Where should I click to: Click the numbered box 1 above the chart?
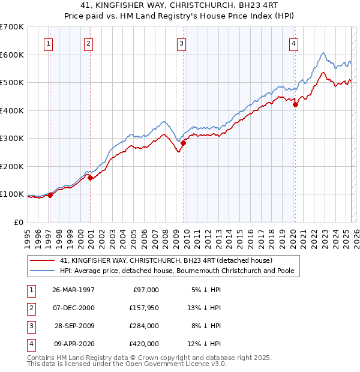point(47,43)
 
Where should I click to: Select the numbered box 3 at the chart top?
point(181,43)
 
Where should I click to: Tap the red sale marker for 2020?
point(295,105)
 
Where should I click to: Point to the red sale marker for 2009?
point(184,143)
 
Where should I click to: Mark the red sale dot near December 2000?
point(90,178)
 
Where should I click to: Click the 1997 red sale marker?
point(50,194)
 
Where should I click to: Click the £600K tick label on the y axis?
point(11,55)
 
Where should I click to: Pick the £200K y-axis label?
point(11,166)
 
